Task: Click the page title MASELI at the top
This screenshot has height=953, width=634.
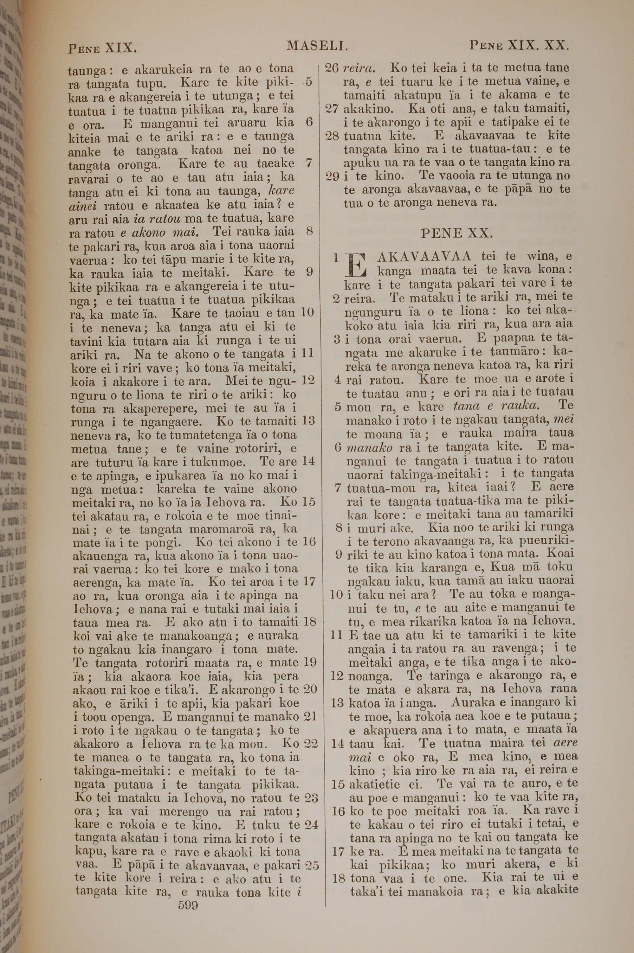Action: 317,47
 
